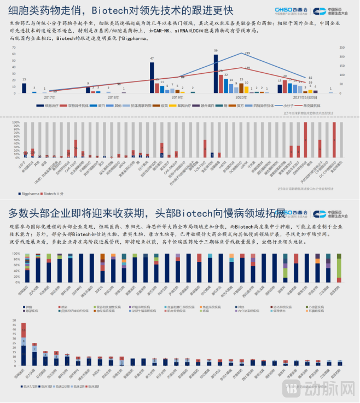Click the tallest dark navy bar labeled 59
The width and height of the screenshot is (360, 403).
[x=216, y=73]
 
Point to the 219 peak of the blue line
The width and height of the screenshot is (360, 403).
[x=242, y=53]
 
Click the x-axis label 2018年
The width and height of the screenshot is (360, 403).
[x=114, y=97]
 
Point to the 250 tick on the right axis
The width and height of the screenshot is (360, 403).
[x=342, y=47]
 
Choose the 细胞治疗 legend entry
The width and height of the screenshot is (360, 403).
[x=54, y=105]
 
